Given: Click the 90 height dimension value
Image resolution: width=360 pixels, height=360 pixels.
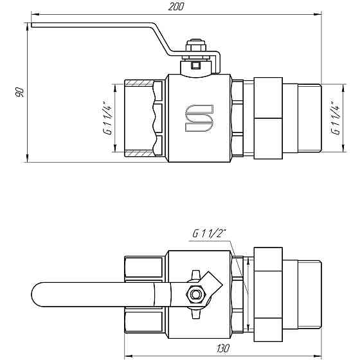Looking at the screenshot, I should pyautogui.click(x=19, y=93).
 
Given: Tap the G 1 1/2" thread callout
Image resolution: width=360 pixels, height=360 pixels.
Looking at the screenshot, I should pyautogui.click(x=209, y=234).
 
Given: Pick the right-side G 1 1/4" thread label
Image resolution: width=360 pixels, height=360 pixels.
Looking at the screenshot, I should pyautogui.click(x=334, y=117).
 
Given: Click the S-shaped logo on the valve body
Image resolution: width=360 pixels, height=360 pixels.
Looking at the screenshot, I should pyautogui.click(x=199, y=118).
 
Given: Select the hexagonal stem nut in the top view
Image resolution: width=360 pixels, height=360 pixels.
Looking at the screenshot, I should pyautogui.click(x=195, y=295).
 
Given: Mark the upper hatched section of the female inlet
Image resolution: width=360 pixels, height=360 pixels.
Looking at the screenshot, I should pyautogui.click(x=138, y=84).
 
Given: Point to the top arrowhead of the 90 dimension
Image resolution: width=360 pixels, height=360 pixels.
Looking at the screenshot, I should pyautogui.click(x=28, y=26).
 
